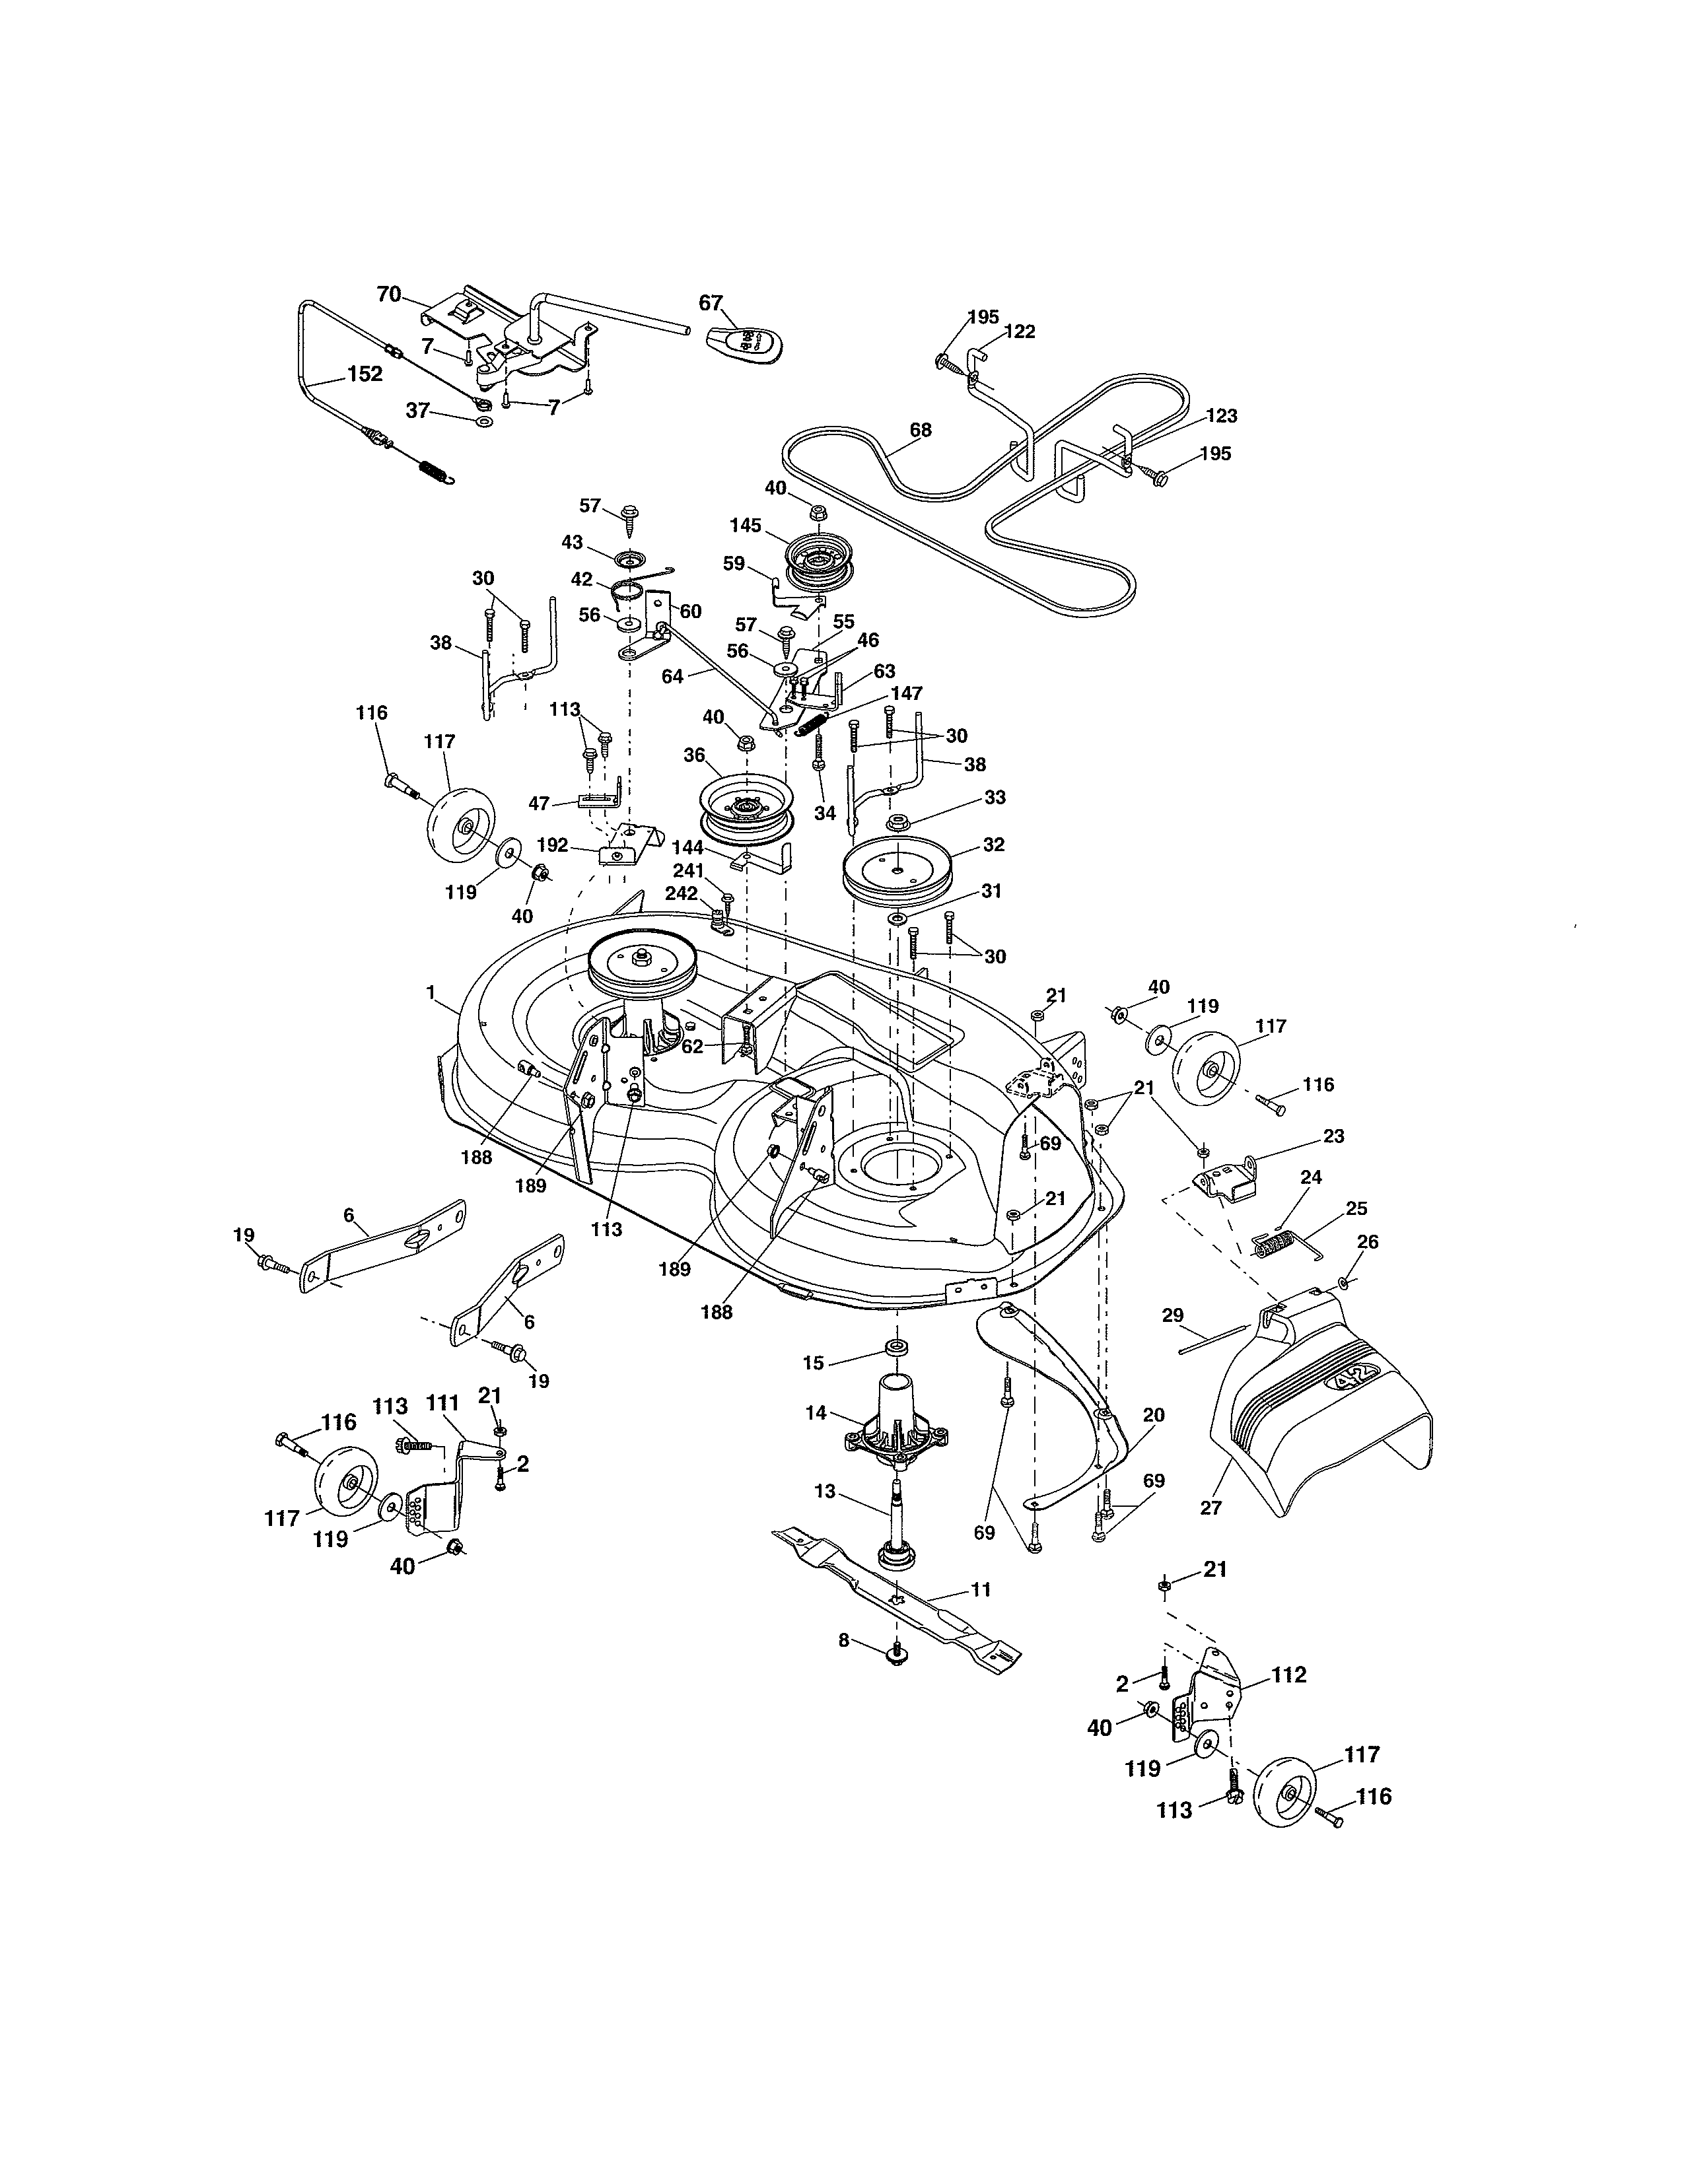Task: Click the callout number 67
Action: click(x=711, y=303)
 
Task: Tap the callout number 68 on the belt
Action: click(x=920, y=430)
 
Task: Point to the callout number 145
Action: click(x=745, y=525)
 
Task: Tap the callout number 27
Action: click(x=1210, y=1507)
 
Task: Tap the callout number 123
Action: click(x=1221, y=416)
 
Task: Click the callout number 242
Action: click(x=682, y=893)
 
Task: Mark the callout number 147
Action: click(x=907, y=693)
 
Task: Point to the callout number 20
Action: click(x=1153, y=1415)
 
